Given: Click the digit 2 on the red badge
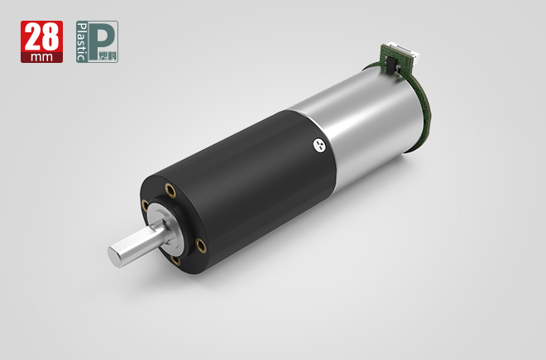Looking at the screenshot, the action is [x=33, y=37].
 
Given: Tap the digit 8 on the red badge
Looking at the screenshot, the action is [x=50, y=37].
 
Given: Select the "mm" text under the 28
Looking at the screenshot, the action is [x=42, y=57].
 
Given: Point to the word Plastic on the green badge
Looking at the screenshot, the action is [x=81, y=42].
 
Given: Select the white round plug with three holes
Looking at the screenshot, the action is [x=319, y=146].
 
